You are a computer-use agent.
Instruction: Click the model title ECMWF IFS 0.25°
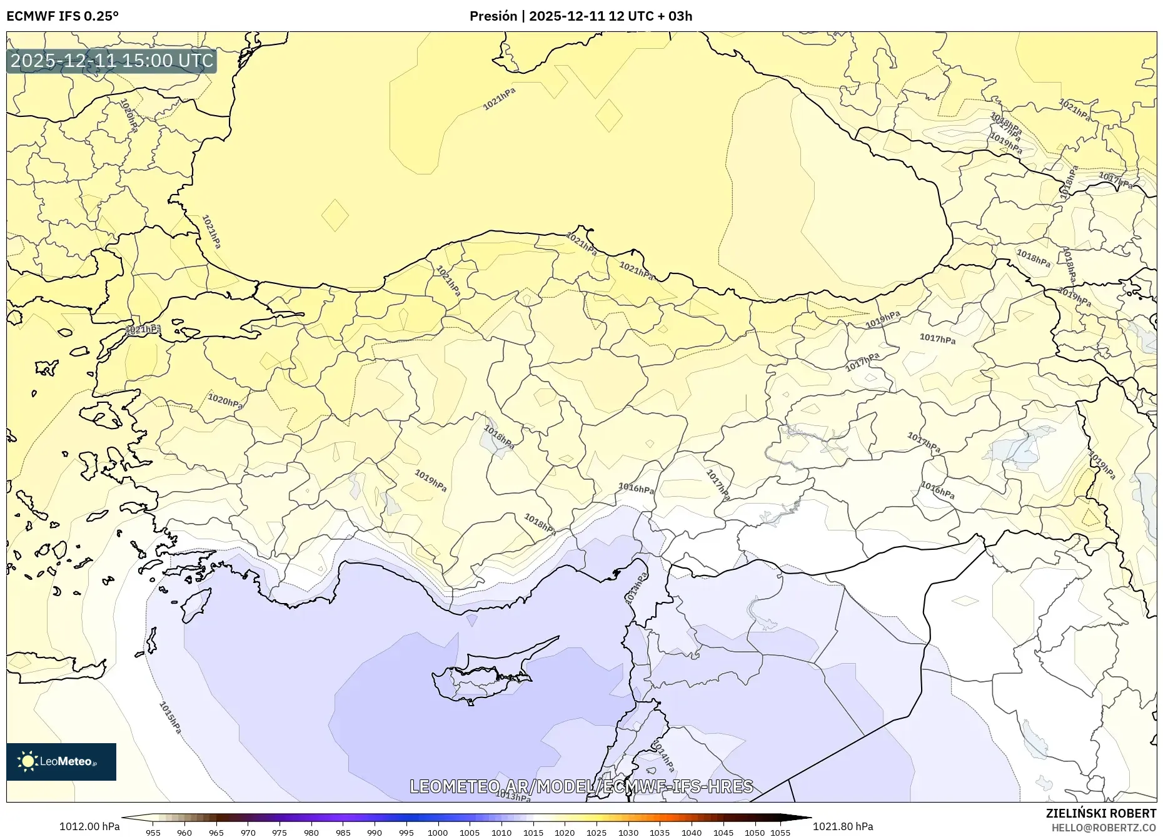click(x=63, y=16)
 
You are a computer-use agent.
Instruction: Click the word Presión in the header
click(x=493, y=16)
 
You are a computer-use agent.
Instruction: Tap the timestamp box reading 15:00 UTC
click(x=112, y=61)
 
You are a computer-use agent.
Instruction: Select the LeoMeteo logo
click(x=61, y=761)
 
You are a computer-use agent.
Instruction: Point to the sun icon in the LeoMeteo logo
click(x=28, y=761)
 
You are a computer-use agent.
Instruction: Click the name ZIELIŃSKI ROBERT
click(x=1100, y=813)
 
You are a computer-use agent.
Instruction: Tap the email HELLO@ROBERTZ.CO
click(x=1103, y=828)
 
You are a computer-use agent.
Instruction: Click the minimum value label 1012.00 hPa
click(x=89, y=826)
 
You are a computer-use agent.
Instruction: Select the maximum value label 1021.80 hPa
click(x=843, y=826)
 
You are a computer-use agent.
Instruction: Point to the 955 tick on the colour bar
click(x=153, y=833)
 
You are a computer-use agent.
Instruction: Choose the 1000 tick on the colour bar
click(x=438, y=833)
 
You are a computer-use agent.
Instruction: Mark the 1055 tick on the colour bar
click(x=781, y=833)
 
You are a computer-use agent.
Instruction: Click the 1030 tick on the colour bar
click(x=628, y=833)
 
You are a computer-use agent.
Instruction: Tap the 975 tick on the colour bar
click(x=279, y=833)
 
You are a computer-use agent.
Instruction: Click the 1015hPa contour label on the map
click(x=170, y=718)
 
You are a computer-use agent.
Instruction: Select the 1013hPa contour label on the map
click(x=513, y=796)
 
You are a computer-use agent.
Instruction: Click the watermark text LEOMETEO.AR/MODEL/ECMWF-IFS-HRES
click(x=581, y=786)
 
